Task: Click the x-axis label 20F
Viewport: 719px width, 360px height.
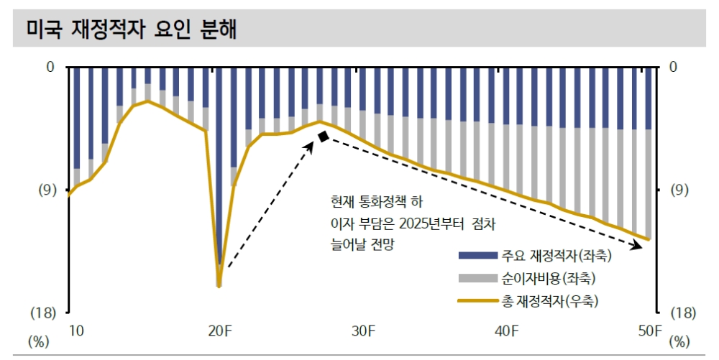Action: click(x=220, y=331)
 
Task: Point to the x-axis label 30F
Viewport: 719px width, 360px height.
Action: click(x=364, y=331)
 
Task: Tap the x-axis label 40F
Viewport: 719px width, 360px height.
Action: click(x=507, y=331)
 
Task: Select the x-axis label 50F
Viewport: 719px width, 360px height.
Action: click(x=650, y=331)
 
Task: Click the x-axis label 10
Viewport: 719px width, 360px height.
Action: click(x=76, y=331)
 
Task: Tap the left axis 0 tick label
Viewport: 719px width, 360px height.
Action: click(x=50, y=68)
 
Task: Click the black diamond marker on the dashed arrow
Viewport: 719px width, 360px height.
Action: click(x=324, y=137)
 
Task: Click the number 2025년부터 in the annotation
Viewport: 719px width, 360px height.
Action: click(x=428, y=223)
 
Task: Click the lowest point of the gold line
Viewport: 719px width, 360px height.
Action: click(x=219, y=286)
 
